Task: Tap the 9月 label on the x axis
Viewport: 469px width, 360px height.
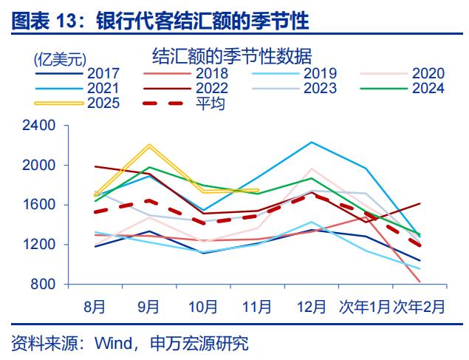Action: (149, 305)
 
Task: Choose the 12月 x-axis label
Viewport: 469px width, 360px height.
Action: (311, 305)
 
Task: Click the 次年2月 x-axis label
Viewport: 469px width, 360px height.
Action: (419, 305)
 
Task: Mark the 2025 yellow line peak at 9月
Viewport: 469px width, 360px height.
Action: (149, 146)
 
